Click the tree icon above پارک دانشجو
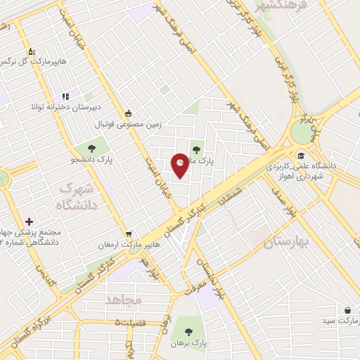coord(91,148)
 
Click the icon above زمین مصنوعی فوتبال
coord(128,112)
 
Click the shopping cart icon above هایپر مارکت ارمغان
coord(128,235)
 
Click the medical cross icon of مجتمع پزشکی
coord(29,221)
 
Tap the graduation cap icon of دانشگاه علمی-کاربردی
coord(301,156)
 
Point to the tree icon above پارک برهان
coord(188,331)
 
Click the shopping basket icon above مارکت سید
coord(348,309)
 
